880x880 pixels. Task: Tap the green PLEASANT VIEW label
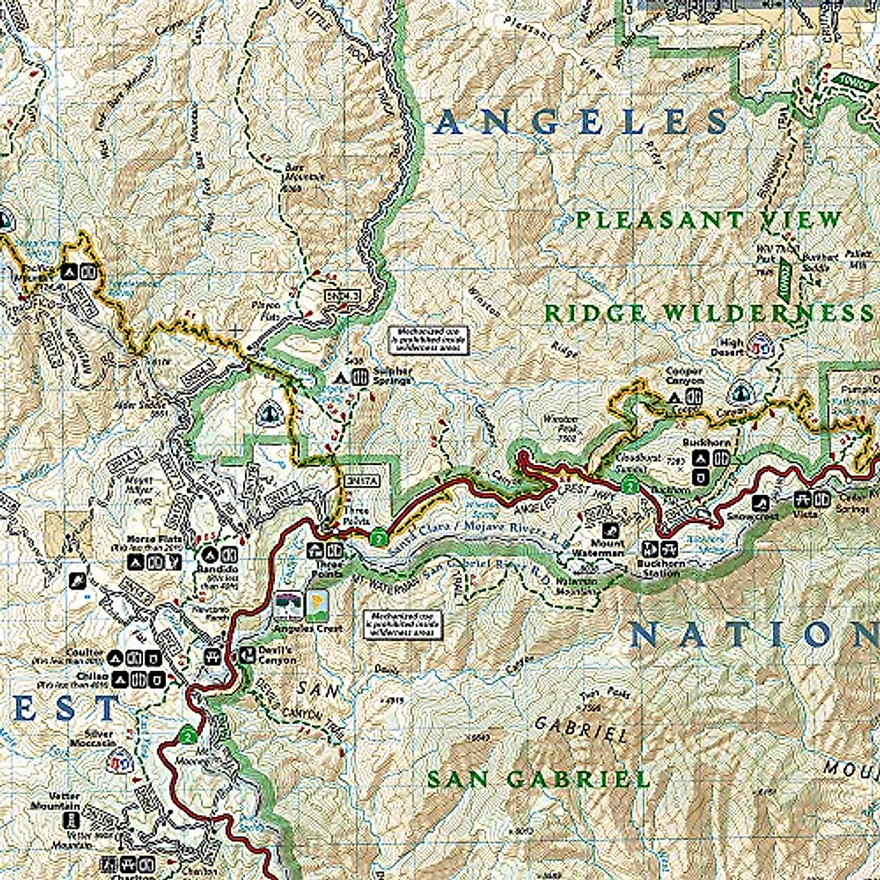click(708, 219)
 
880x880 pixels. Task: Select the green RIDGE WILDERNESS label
click(708, 313)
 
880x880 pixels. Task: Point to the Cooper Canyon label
click(684, 376)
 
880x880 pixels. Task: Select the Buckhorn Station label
click(660, 569)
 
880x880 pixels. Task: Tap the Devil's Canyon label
click(276, 655)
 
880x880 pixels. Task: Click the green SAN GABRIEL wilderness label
click(538, 779)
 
